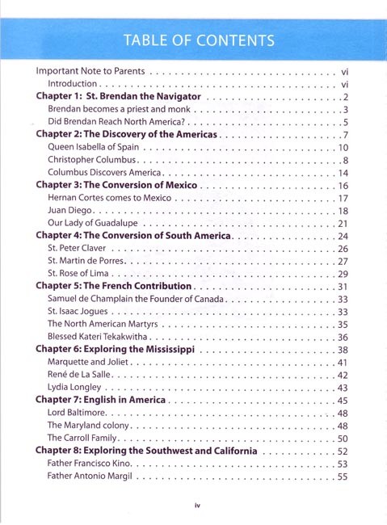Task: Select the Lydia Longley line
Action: (77, 388)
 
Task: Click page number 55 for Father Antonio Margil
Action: (342, 477)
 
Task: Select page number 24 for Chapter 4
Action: (342, 236)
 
